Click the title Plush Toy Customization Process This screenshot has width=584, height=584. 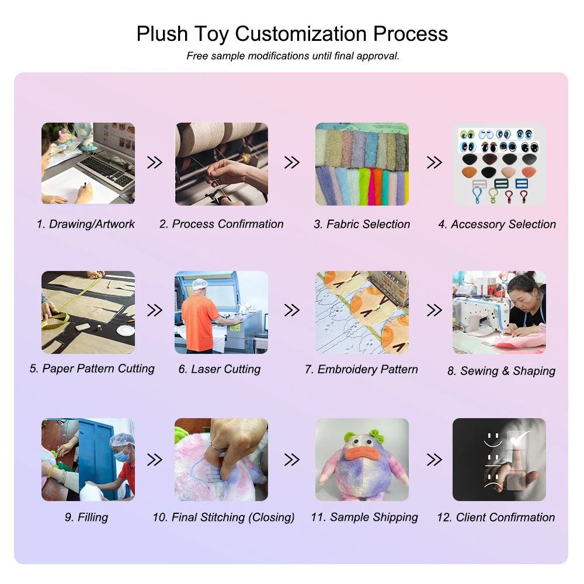[292, 34]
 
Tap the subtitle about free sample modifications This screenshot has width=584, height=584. [293, 56]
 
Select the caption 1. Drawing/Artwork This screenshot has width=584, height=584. [86, 224]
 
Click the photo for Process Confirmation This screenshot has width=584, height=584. [221, 164]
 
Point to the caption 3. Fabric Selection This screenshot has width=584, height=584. [361, 224]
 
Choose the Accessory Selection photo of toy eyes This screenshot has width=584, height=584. [499, 164]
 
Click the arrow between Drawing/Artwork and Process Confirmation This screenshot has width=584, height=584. [155, 162]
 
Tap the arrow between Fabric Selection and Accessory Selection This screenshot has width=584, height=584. [434, 162]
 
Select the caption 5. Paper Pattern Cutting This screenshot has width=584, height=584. [92, 369]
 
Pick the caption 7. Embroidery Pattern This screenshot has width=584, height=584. [361, 369]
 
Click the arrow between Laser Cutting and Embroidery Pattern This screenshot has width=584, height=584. [291, 310]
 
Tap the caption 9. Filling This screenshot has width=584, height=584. [86, 517]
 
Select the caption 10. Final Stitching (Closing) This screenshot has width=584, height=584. [224, 517]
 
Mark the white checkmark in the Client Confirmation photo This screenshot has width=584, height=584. [520, 439]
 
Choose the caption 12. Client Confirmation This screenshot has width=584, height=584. [496, 517]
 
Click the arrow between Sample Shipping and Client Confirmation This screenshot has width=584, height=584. [434, 460]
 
